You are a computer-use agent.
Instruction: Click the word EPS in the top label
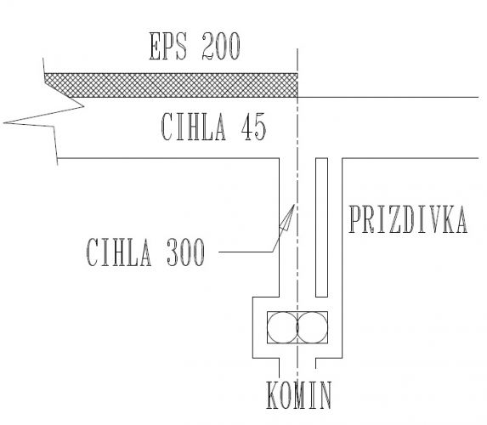coord(168,46)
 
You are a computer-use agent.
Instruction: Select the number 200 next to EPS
coord(221,46)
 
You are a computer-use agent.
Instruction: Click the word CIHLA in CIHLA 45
coord(194,127)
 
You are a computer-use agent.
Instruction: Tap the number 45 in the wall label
coord(254,127)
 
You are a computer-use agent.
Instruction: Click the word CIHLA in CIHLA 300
coord(119,252)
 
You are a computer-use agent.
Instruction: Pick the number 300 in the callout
coord(186,252)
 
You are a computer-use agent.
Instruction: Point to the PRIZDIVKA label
coord(408,219)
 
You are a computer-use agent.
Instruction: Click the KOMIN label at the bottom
coord(299,395)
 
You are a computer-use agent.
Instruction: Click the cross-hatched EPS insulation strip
coord(171,85)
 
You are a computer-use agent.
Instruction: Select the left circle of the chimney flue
coord(282,327)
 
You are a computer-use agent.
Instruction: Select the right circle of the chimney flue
coord(312,327)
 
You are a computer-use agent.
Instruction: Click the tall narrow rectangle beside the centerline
coord(322,228)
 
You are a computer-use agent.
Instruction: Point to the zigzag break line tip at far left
coord(3,123)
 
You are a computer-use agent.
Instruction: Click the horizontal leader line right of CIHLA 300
coord(246,252)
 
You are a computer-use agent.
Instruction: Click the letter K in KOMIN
coord(272,395)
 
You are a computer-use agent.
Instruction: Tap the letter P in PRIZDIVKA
coord(354,219)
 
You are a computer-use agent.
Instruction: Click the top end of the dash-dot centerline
coord(297,48)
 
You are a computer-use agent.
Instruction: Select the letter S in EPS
coord(181,46)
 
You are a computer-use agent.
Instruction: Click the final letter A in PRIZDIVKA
coord(461,219)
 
